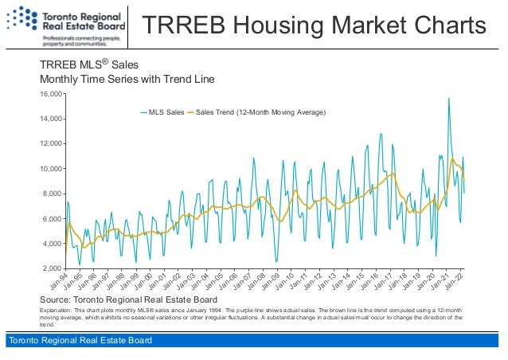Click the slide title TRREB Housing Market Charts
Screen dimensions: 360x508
pos(314,26)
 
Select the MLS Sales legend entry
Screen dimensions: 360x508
pos(162,112)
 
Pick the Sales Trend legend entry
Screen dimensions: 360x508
pos(256,112)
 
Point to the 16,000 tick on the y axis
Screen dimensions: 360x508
pos(51,94)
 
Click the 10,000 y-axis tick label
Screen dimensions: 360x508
pos(51,169)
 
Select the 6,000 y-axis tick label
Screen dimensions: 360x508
pos(53,219)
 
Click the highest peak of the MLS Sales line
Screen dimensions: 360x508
pos(449,99)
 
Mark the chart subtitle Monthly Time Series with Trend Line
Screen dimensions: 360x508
pos(127,80)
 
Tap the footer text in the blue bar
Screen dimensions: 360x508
pos(79,342)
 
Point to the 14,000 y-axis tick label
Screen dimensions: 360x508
pos(51,119)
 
